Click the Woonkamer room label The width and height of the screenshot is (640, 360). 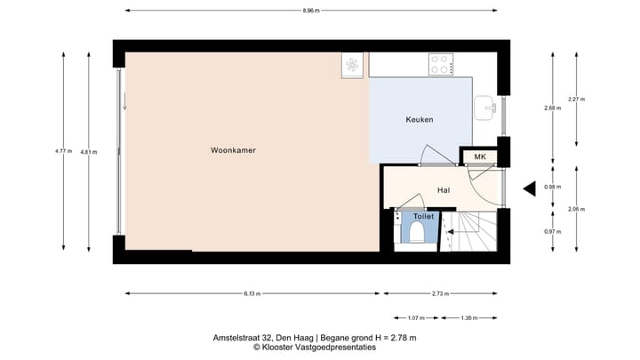tap(233, 150)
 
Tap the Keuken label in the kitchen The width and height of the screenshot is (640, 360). tap(420, 120)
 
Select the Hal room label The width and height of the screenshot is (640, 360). tap(444, 190)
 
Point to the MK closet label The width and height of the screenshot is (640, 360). tap(480, 156)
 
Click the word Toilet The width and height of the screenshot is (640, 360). tap(424, 216)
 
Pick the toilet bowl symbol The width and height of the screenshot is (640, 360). tap(417, 231)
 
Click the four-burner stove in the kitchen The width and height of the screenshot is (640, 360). tap(441, 65)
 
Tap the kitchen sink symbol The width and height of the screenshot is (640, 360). tap(485, 108)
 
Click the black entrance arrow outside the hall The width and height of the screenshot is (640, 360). tap(530, 189)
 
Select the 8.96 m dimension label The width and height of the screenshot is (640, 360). tap(311, 11)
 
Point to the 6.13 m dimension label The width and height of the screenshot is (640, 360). tap(252, 293)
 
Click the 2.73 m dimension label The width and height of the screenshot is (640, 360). tap(440, 293)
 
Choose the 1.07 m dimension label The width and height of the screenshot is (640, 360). tap(416, 318)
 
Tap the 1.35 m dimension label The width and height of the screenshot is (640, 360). tap(469, 318)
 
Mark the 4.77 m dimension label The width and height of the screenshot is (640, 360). tap(63, 151)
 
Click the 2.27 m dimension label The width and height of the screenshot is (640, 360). tap(576, 100)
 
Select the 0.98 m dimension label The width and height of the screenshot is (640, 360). tap(553, 187)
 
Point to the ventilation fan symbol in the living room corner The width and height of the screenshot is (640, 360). tap(352, 65)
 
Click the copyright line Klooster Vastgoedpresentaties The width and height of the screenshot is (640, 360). tap(315, 348)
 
